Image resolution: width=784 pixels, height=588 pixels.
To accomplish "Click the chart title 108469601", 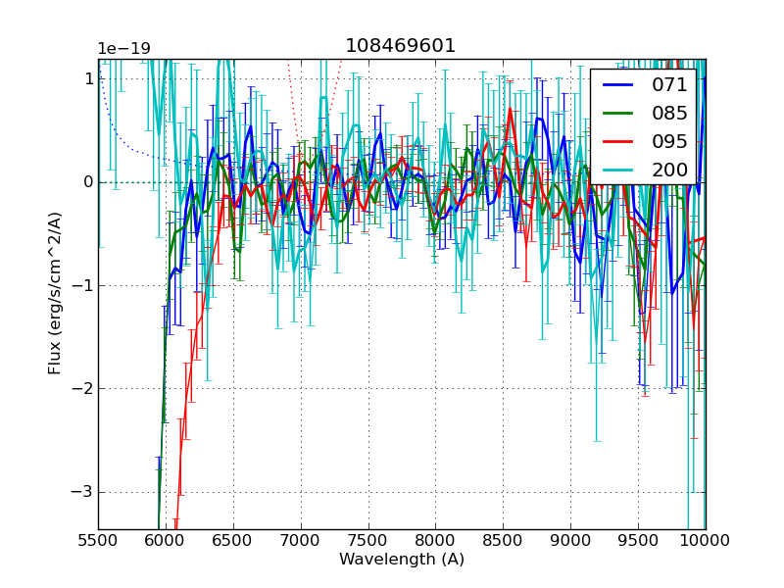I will click(401, 46).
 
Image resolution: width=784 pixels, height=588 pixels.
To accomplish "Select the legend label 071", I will click(669, 84).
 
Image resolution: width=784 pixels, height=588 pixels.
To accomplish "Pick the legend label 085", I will click(669, 113).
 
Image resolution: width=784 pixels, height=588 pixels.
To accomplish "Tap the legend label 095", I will click(669, 141).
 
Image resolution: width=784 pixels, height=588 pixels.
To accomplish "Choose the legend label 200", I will click(669, 170).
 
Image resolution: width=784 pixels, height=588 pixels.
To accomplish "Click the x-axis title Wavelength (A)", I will click(402, 560).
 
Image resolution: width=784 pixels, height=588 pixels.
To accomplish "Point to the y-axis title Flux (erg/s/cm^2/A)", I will click(56, 294).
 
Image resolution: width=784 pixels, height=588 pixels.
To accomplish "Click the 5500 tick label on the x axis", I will click(98, 540).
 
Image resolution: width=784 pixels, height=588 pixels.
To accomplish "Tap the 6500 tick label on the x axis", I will click(233, 540).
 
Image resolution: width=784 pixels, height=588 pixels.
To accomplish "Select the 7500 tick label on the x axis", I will click(368, 540).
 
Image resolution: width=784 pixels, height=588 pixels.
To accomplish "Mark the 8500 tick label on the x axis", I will click(503, 540).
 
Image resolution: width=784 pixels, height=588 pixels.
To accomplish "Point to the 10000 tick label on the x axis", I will click(706, 540).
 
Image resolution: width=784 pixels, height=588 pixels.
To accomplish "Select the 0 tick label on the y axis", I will click(88, 182).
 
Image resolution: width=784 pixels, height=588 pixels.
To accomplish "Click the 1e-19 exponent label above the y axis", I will click(123, 49).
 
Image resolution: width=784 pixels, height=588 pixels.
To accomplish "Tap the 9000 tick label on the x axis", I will click(570, 540).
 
